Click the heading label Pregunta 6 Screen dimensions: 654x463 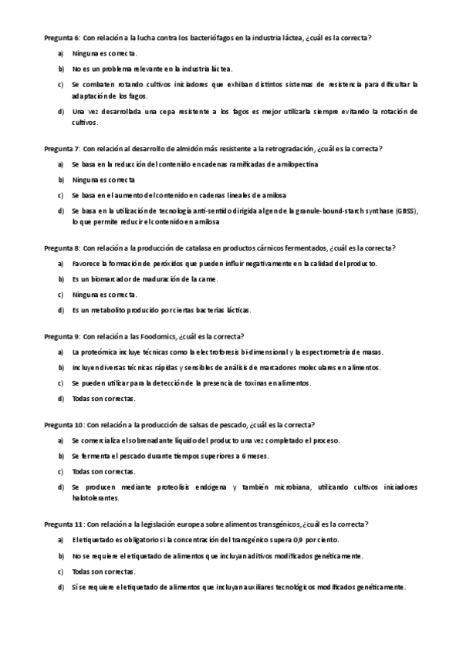click(62, 37)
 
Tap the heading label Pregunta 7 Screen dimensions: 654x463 click(62, 148)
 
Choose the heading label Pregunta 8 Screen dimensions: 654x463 click(62, 248)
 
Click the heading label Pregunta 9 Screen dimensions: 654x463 click(62, 336)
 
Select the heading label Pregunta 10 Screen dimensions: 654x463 click(63, 425)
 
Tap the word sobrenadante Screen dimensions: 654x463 click(151, 440)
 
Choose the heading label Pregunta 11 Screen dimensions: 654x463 click(63, 524)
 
